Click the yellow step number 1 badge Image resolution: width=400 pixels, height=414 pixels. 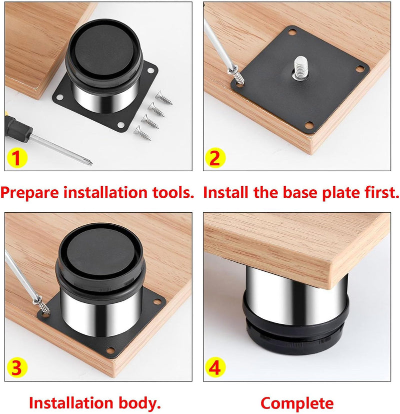16,158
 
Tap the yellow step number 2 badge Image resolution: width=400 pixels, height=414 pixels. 215,158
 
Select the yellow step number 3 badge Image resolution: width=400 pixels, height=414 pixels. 16,367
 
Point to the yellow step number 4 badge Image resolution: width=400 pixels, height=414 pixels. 215,367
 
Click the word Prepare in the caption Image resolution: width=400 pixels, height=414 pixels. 30,193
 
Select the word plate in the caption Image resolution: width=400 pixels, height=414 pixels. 342,193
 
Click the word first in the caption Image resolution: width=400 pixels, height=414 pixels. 382,192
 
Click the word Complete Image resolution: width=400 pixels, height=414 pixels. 297,403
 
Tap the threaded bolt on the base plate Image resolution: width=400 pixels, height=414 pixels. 300,67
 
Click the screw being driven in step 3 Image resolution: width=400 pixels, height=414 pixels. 42,306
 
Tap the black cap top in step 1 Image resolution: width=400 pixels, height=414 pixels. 104,50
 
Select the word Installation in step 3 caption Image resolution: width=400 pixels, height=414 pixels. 71,403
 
